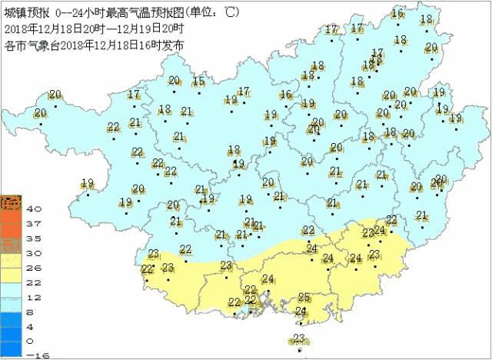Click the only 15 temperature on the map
(x=198, y=82)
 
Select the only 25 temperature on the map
(x=304, y=298)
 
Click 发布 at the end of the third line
(x=175, y=45)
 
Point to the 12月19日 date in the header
(x=138, y=27)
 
